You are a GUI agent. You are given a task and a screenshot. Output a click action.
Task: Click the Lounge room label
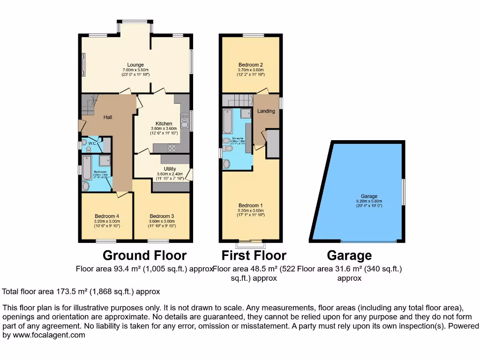(135, 65)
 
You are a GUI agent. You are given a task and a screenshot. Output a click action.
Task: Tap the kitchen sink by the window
(185, 120)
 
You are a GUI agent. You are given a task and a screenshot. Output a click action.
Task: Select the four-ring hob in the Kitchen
(171, 148)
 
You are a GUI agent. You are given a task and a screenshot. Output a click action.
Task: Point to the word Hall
(107, 117)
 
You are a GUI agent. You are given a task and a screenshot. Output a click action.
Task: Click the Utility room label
(170, 169)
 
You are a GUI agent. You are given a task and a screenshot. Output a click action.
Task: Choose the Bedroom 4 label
(107, 216)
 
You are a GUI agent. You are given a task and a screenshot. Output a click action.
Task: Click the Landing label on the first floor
(266, 111)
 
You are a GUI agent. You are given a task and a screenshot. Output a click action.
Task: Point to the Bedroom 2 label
(250, 65)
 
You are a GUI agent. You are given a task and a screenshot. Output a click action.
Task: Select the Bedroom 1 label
(250, 205)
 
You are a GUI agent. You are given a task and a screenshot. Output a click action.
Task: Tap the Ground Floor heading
(144, 255)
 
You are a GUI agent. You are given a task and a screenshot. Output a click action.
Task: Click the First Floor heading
(254, 255)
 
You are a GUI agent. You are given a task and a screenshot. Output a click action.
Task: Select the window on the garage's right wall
(404, 192)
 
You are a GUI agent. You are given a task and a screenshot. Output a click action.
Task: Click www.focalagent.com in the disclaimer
(44, 335)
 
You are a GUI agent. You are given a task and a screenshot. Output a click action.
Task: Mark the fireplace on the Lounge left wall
(83, 64)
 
